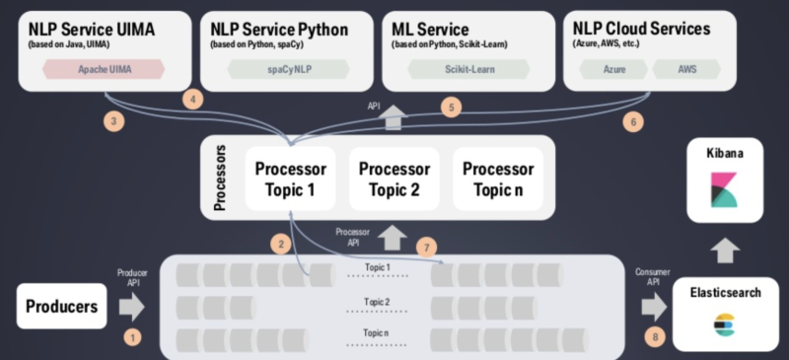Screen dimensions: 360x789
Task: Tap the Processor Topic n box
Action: click(499, 179)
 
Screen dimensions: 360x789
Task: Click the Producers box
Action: click(62, 307)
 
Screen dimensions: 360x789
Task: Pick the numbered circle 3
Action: click(115, 122)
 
